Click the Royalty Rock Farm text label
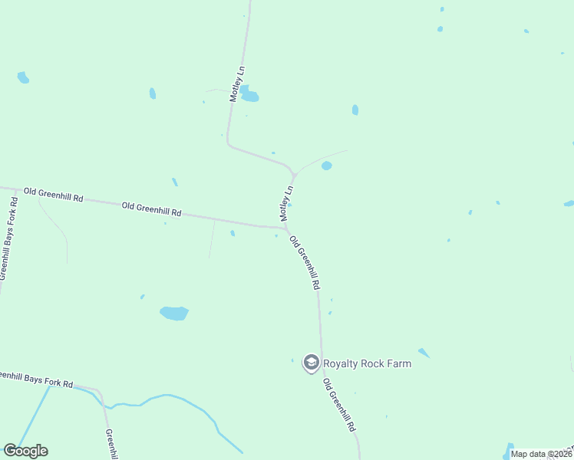click(367, 363)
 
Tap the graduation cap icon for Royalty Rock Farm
click(311, 363)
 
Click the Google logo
click(25, 451)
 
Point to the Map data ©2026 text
click(541, 454)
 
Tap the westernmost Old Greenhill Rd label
click(53, 194)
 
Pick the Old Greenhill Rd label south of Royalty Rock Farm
click(339, 403)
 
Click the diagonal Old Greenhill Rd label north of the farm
click(305, 261)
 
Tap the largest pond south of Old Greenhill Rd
click(174, 313)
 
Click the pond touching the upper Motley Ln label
click(249, 96)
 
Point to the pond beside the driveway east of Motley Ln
click(327, 166)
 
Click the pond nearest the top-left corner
click(23, 77)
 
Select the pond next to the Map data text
click(508, 448)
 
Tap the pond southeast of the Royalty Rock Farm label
click(424, 353)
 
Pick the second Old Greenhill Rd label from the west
click(151, 208)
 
